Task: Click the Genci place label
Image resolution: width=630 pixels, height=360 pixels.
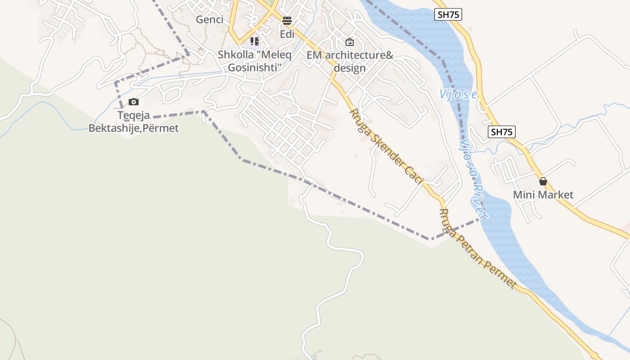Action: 210,20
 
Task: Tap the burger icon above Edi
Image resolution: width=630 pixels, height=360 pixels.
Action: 287,20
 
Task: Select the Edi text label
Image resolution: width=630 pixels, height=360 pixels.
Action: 287,34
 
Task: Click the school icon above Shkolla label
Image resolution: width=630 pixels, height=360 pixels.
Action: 255,42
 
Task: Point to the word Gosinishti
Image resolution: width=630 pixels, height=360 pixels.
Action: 255,67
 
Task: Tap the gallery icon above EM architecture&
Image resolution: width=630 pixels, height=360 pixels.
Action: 350,42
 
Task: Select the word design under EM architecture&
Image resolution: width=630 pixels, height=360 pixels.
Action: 350,68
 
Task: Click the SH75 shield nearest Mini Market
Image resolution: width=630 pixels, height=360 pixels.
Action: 502,132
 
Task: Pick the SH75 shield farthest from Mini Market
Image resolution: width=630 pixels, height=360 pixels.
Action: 449,14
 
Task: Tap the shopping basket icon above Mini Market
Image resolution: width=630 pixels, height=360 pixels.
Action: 543,181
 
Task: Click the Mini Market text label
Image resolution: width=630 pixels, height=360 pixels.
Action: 543,195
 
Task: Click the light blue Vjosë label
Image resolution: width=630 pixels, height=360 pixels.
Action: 458,94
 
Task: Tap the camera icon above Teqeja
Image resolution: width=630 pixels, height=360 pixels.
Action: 133,102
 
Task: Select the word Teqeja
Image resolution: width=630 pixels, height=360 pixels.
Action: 133,116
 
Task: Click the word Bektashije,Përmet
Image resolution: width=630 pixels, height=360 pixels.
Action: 133,128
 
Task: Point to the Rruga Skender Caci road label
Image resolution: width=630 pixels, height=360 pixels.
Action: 387,147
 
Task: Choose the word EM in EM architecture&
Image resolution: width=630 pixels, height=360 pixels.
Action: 314,55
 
